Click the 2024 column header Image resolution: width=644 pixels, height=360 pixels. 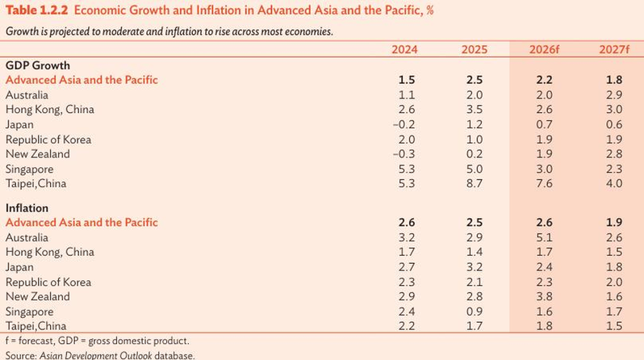tap(404, 50)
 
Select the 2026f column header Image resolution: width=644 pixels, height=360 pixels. tap(544, 50)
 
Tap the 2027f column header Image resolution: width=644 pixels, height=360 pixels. tap(613, 50)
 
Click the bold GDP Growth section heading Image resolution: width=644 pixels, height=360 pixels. tap(38, 65)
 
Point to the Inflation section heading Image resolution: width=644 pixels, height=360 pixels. tap(27, 208)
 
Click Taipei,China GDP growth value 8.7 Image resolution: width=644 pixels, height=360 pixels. tap(475, 184)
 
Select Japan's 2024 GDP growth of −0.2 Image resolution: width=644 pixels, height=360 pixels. tap(404, 124)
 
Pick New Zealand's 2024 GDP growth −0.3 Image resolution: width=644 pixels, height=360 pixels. tap(404, 154)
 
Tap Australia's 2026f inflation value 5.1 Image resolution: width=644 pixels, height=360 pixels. tap(544, 237)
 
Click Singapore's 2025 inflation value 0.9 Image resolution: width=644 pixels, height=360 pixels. tap(475, 312)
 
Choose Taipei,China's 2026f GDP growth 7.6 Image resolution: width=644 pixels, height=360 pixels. tap(544, 184)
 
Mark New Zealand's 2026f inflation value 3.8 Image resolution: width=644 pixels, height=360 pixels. tap(544, 297)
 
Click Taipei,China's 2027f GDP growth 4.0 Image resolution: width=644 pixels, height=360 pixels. tap(614, 184)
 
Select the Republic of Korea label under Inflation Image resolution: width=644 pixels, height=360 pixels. tap(48, 283)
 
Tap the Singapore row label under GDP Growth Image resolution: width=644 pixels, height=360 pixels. tap(30, 170)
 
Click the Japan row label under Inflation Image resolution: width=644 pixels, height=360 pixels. tap(19, 267)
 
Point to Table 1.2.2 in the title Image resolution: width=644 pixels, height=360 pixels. tap(36, 10)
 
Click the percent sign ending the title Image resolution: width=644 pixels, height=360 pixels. tap(430, 10)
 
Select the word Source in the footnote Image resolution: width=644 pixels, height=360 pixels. tap(20, 355)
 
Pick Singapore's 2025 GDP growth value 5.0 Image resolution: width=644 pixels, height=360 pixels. tap(475, 170)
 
